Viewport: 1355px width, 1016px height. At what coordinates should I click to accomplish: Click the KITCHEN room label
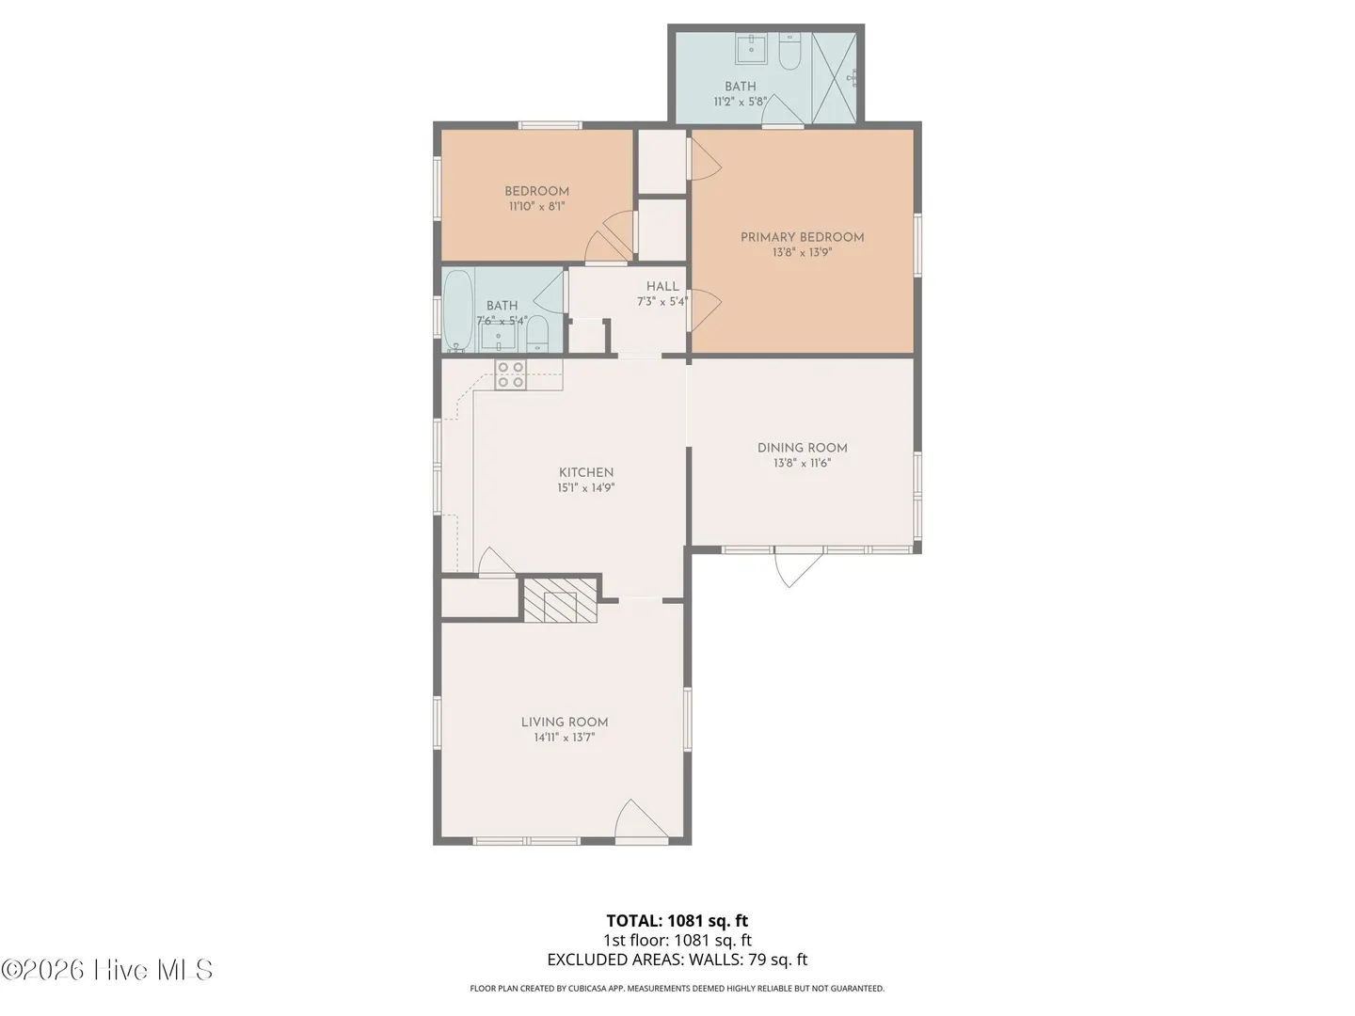(x=586, y=472)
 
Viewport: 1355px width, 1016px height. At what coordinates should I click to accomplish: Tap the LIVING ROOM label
(x=565, y=722)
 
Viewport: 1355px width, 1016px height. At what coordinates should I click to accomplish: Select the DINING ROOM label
(x=802, y=448)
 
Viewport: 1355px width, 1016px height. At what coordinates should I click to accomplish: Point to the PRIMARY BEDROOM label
(x=802, y=237)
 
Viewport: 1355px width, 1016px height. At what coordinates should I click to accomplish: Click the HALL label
(x=662, y=286)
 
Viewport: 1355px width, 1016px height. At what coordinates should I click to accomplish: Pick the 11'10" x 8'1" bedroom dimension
(x=536, y=206)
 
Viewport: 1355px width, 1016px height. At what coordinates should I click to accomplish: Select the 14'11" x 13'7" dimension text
(x=565, y=738)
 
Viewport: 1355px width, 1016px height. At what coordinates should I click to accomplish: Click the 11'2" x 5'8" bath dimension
(x=741, y=102)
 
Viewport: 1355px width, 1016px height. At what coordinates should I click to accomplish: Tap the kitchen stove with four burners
(x=511, y=374)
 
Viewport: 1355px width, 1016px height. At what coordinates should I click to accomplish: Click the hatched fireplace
(x=561, y=599)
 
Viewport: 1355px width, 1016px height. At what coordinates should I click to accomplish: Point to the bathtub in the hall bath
(x=458, y=310)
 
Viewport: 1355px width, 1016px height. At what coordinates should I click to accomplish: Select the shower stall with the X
(x=834, y=78)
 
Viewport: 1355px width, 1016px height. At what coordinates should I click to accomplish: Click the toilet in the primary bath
(x=789, y=51)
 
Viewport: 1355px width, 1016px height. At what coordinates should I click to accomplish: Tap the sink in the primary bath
(x=751, y=49)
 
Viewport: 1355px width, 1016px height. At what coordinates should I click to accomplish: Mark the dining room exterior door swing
(x=799, y=568)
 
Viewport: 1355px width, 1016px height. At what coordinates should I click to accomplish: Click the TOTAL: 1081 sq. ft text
(x=677, y=921)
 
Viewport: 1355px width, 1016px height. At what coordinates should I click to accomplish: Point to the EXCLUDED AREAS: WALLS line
(x=677, y=960)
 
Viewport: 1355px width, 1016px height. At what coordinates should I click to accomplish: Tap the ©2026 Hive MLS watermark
(x=106, y=970)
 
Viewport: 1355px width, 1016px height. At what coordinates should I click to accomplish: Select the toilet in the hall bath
(x=537, y=335)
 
